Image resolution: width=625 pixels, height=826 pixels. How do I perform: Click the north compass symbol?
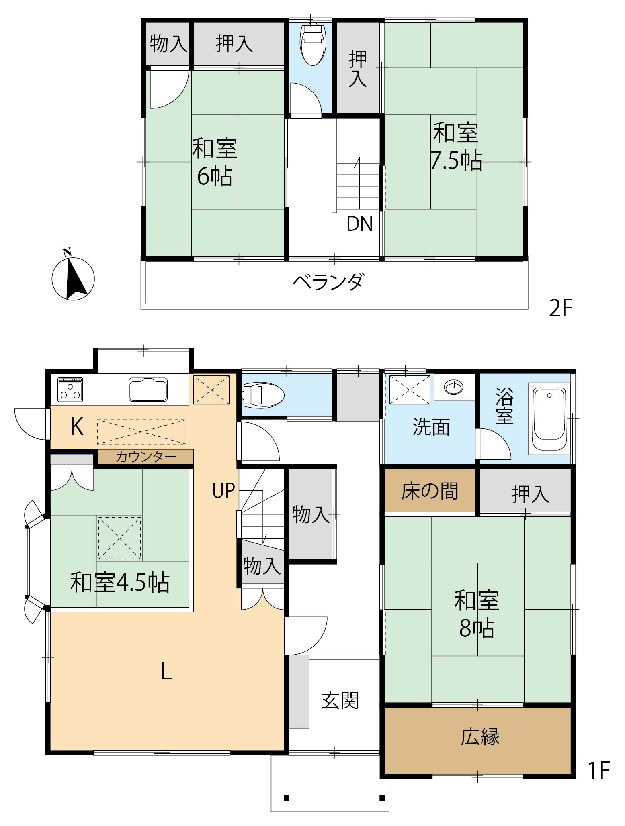pos(73,277)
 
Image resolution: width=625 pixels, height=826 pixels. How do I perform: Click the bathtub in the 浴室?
pos(548,418)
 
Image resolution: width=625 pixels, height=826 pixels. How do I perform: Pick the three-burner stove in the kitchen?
pos(70,389)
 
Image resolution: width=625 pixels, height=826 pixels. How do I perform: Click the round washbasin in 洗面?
pos(454,387)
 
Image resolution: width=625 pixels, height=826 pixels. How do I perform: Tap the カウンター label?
pos(146,457)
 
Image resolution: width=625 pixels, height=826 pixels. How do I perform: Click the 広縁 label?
pos(480,736)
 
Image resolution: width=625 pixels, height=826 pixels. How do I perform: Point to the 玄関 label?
pos(340,701)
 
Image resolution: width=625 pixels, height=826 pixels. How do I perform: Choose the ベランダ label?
pos(328,281)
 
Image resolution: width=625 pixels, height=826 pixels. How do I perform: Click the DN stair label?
pos(360,224)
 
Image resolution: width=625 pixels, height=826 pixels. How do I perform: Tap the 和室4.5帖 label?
pos(120,583)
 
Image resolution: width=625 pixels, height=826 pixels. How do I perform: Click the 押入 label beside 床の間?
pos(530,494)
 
